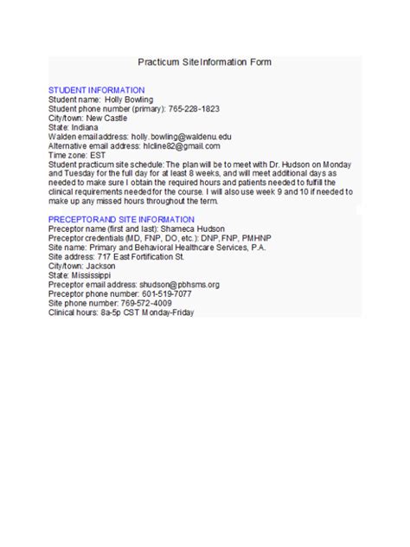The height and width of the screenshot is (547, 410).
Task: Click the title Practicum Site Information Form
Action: coord(204,62)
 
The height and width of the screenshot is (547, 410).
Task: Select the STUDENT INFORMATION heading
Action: coord(96,90)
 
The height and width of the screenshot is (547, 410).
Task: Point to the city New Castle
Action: coord(105,118)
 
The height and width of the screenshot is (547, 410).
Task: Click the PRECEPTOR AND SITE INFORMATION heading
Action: coord(121,219)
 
